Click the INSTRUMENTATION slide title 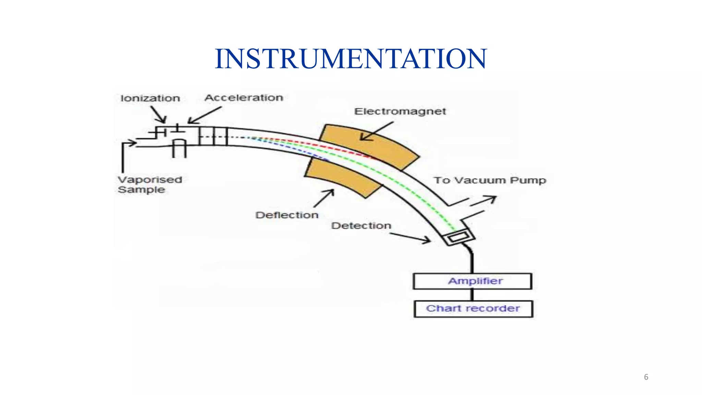coord(350,59)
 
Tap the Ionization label coord(150,98)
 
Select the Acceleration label coord(244,98)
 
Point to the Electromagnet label coord(400,111)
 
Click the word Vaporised coord(150,180)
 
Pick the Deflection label coord(287,215)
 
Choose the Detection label coord(361,226)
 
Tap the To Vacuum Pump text coord(489,180)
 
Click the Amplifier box coord(472,281)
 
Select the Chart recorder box coord(473,309)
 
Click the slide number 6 coord(646,377)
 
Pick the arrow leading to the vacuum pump coord(483,201)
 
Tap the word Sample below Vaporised coord(141,190)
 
